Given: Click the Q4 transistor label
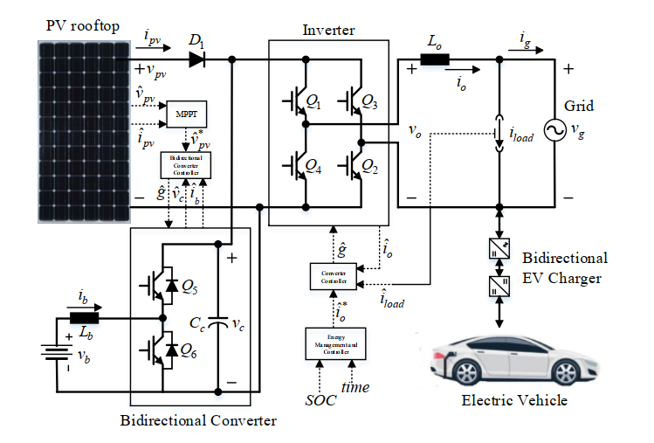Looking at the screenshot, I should [314, 164].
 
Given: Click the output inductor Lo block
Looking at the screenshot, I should [435, 60].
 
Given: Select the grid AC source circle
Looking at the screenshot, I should [554, 131].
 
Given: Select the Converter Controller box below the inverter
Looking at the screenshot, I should [334, 276].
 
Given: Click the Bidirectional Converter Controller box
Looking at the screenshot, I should [186, 164].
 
